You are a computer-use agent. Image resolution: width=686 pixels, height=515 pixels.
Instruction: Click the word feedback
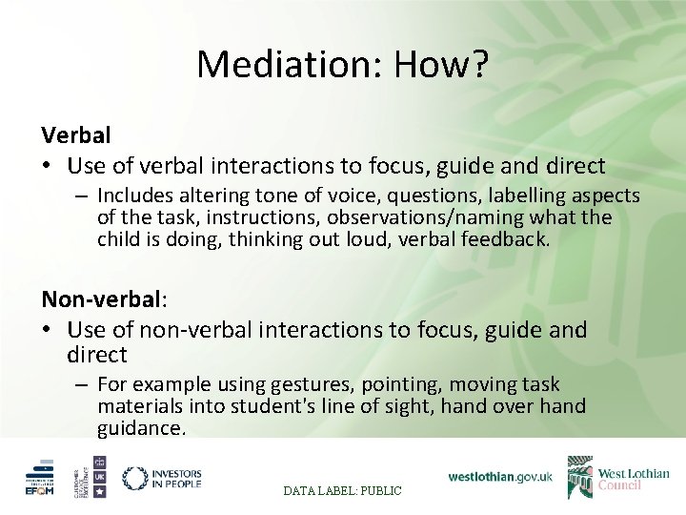[x=514, y=239]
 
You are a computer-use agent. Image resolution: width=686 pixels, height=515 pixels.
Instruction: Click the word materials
[x=139, y=406]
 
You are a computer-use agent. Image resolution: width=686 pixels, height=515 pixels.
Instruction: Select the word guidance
[x=141, y=428]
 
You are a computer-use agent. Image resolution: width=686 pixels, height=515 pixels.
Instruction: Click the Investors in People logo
[x=161, y=478]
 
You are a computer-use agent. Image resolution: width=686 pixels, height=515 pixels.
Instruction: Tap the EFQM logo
[x=40, y=479]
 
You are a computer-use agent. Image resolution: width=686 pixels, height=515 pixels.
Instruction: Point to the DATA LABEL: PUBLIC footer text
[x=342, y=490]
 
